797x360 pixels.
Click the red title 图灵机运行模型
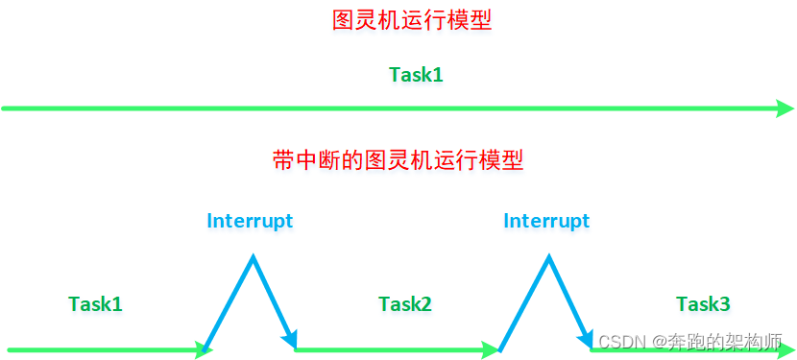[411, 21]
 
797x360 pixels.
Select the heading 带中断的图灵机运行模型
[398, 160]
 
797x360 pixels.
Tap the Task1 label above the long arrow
[416, 74]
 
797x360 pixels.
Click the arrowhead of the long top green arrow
[785, 108]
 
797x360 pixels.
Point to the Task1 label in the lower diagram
[95, 304]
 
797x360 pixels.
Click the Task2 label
[404, 304]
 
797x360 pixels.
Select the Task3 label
[703, 304]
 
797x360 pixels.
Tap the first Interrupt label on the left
[250, 221]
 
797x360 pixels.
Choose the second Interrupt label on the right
[546, 221]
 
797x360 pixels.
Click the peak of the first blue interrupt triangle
[253, 257]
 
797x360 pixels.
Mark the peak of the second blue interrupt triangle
[548, 257]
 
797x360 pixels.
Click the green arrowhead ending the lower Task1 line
[203, 349]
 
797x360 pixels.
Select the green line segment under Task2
[394, 349]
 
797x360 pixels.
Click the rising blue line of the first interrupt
[229, 303]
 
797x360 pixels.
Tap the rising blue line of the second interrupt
[524, 303]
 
